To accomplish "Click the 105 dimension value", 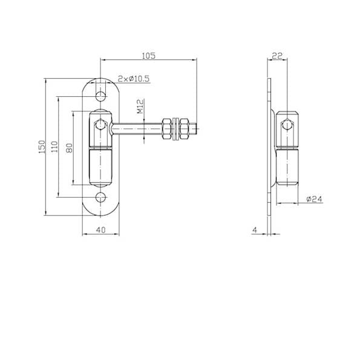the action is tap(148, 56).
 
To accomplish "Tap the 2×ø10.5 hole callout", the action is tap(134, 79).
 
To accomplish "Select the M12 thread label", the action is tap(140, 106).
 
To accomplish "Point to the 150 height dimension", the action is tap(42, 146).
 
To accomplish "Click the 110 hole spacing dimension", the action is tap(54, 146).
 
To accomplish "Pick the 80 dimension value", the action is tap(69, 148).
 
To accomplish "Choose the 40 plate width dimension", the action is tap(100, 230).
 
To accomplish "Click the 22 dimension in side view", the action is tap(277, 56).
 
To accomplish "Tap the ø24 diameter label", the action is tap(314, 199).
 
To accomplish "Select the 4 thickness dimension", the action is tap(255, 230).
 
